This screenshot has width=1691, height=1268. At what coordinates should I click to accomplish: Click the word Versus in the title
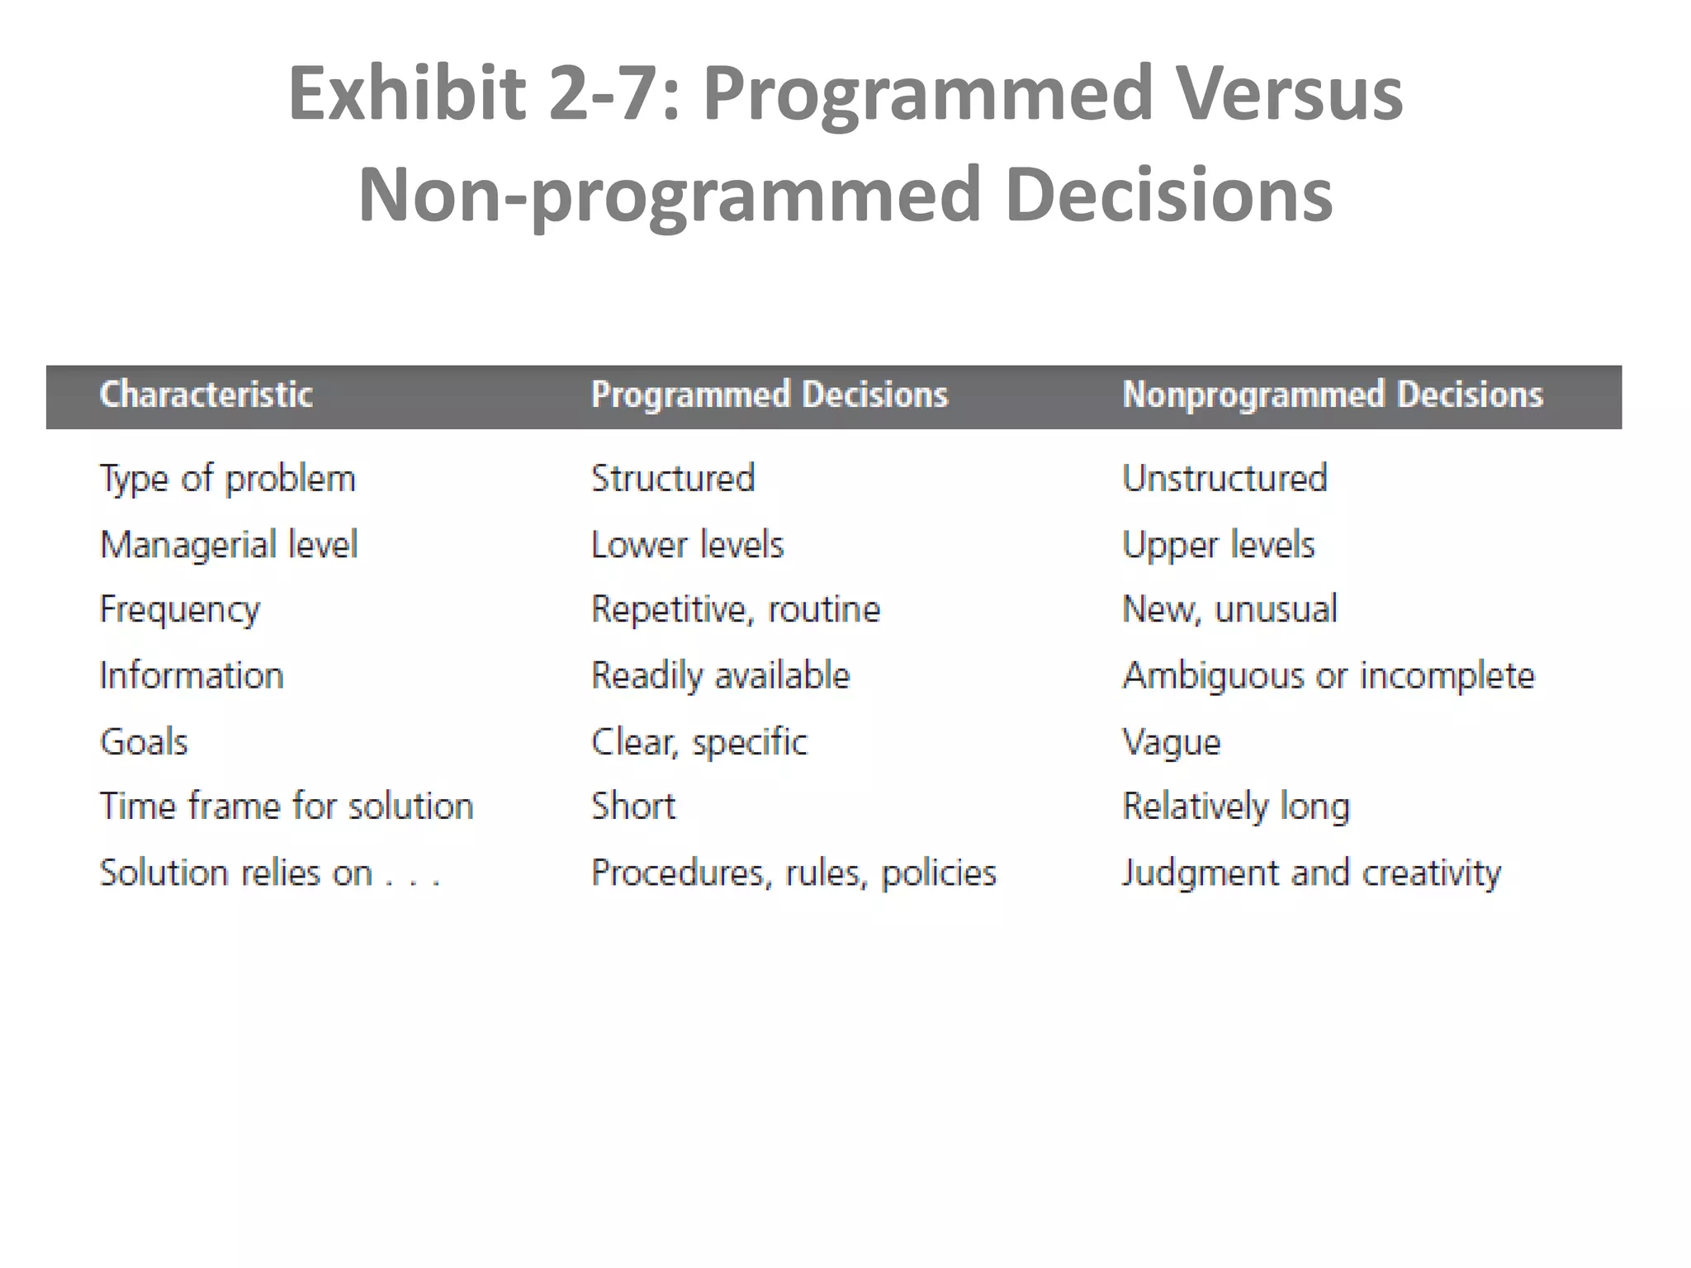(x=1289, y=93)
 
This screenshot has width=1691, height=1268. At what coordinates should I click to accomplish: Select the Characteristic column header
(x=206, y=395)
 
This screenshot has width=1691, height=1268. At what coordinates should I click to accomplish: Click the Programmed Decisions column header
(x=770, y=395)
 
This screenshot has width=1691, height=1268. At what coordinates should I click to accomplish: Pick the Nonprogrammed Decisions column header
(x=1333, y=395)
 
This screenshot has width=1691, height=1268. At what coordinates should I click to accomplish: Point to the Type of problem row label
(x=228, y=480)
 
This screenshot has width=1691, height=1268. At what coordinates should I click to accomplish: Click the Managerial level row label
(x=229, y=545)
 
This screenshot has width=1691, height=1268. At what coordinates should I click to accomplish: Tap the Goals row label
(x=144, y=742)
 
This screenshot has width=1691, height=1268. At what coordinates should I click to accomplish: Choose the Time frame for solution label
(x=287, y=807)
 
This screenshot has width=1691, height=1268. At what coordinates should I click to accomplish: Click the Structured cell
(x=673, y=479)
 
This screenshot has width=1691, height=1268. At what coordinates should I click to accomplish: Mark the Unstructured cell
(x=1224, y=479)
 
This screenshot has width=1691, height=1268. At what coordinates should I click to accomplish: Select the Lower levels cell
(x=687, y=545)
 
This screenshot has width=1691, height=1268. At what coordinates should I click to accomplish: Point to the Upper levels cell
(x=1218, y=546)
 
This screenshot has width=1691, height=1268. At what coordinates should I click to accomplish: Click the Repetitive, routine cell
(x=736, y=610)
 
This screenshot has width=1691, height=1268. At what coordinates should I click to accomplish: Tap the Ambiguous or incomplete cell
(x=1329, y=676)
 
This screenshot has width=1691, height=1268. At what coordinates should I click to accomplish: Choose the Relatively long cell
(x=1236, y=807)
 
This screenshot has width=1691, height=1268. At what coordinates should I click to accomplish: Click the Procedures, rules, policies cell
(x=793, y=873)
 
